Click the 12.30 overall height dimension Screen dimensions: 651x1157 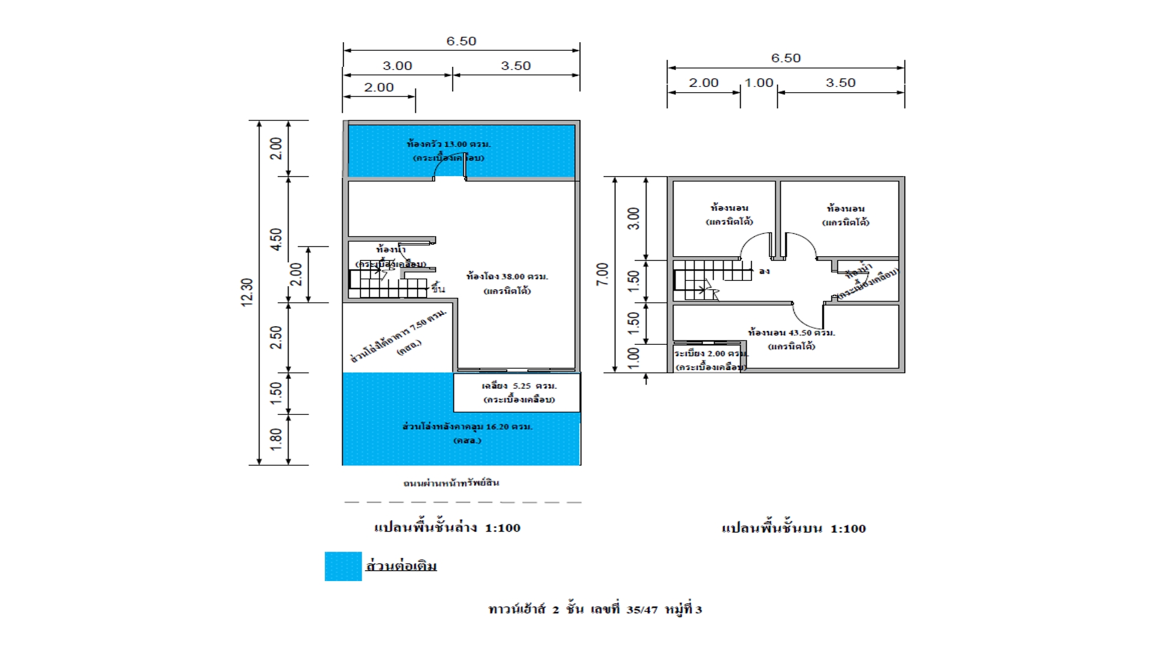(247, 292)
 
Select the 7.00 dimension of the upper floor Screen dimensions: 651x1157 (602, 274)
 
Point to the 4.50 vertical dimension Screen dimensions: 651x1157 (276, 239)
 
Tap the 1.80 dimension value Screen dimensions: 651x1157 (276, 439)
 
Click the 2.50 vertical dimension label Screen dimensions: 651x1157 (276, 338)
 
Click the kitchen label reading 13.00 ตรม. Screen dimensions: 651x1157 (448, 144)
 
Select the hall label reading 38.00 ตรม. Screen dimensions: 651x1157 (507, 277)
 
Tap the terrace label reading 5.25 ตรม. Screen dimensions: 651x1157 (519, 386)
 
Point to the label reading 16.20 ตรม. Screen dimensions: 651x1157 (467, 427)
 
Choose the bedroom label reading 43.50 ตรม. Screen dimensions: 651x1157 (791, 332)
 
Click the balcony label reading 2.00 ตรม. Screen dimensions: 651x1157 (711, 353)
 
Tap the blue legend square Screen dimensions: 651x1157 (343, 567)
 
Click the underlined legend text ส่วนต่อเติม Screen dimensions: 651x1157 (401, 566)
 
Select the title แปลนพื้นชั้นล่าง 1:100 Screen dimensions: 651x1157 (447, 527)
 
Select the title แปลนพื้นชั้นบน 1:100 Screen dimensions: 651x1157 (794, 529)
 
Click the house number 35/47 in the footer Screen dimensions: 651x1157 (642, 609)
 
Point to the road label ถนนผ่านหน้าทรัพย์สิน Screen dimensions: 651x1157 (451, 483)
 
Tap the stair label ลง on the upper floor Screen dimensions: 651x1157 (764, 271)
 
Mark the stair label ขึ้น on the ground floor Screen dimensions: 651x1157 (438, 289)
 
